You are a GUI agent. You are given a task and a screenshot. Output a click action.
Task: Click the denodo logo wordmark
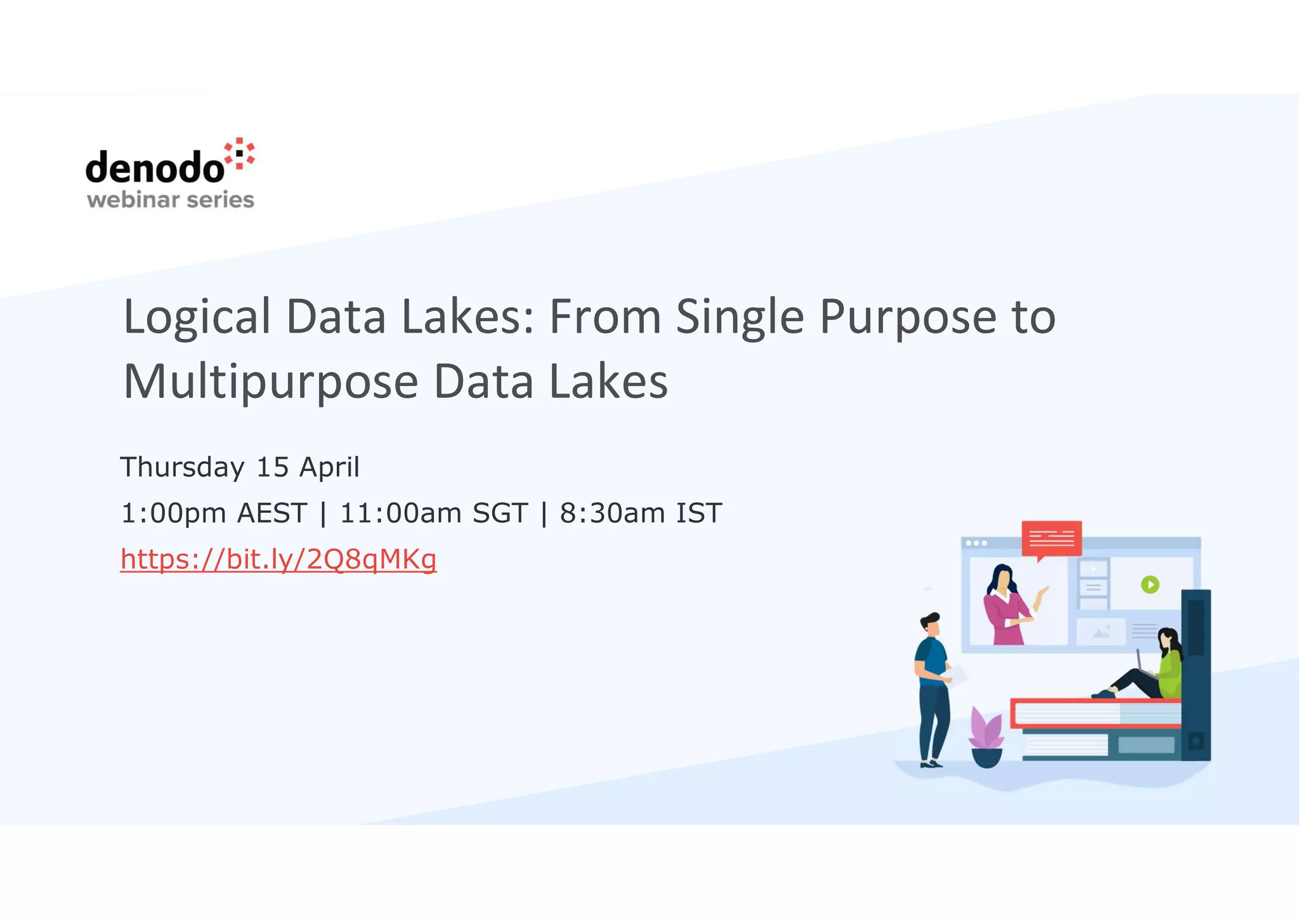pos(155,168)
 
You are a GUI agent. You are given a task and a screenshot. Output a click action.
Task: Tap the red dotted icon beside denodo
pos(240,154)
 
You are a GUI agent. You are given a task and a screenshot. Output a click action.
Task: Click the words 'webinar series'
pos(171,200)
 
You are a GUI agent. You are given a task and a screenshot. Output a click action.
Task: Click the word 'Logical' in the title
pos(197,317)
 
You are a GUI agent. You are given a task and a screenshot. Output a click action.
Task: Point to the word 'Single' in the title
pos(740,317)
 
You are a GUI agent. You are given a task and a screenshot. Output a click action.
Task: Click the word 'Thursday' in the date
pos(183,468)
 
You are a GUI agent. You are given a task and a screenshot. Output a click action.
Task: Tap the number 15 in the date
pos(273,468)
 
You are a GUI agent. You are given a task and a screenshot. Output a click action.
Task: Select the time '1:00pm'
pos(173,513)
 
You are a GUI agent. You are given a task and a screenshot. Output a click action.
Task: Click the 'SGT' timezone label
pos(500,513)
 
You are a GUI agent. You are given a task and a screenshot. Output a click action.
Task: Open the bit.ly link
pos(278,559)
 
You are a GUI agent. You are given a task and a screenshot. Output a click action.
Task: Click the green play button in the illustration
pos(1150,584)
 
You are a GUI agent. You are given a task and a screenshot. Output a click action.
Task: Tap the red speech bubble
pos(1052,539)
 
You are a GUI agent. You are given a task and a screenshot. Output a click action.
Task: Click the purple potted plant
pos(986,736)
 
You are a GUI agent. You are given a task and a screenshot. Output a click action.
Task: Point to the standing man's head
pos(931,623)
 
